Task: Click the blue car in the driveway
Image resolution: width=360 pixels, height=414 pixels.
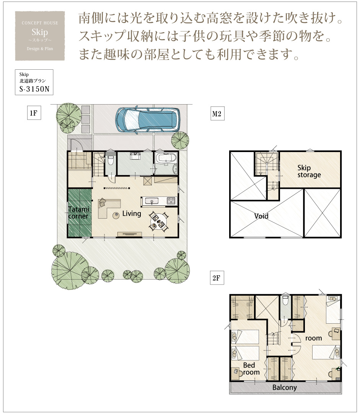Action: pos(148,119)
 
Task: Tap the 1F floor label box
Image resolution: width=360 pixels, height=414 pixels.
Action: pos(34,113)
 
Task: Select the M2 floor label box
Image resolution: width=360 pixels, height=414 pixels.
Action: pos(217,114)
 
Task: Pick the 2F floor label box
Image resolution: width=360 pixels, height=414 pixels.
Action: pos(217,278)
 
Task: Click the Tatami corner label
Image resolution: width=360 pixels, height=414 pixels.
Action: pos(78,213)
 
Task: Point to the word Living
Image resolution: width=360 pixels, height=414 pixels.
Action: pos(132,214)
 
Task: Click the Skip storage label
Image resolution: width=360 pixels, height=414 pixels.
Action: pos(309,171)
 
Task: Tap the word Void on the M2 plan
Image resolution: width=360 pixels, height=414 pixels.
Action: pos(261,216)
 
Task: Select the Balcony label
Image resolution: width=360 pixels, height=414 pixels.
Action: pos(285,387)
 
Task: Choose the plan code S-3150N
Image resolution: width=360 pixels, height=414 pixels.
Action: pos(34,89)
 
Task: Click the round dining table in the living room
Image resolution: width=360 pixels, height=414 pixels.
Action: pos(158,222)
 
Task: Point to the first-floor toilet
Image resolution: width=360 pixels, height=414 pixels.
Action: pos(111,160)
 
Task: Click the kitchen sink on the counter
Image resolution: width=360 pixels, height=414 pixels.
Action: pos(151,201)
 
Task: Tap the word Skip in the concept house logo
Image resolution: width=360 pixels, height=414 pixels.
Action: pos(39,32)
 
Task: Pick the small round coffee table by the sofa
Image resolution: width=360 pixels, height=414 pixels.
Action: pos(116,215)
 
